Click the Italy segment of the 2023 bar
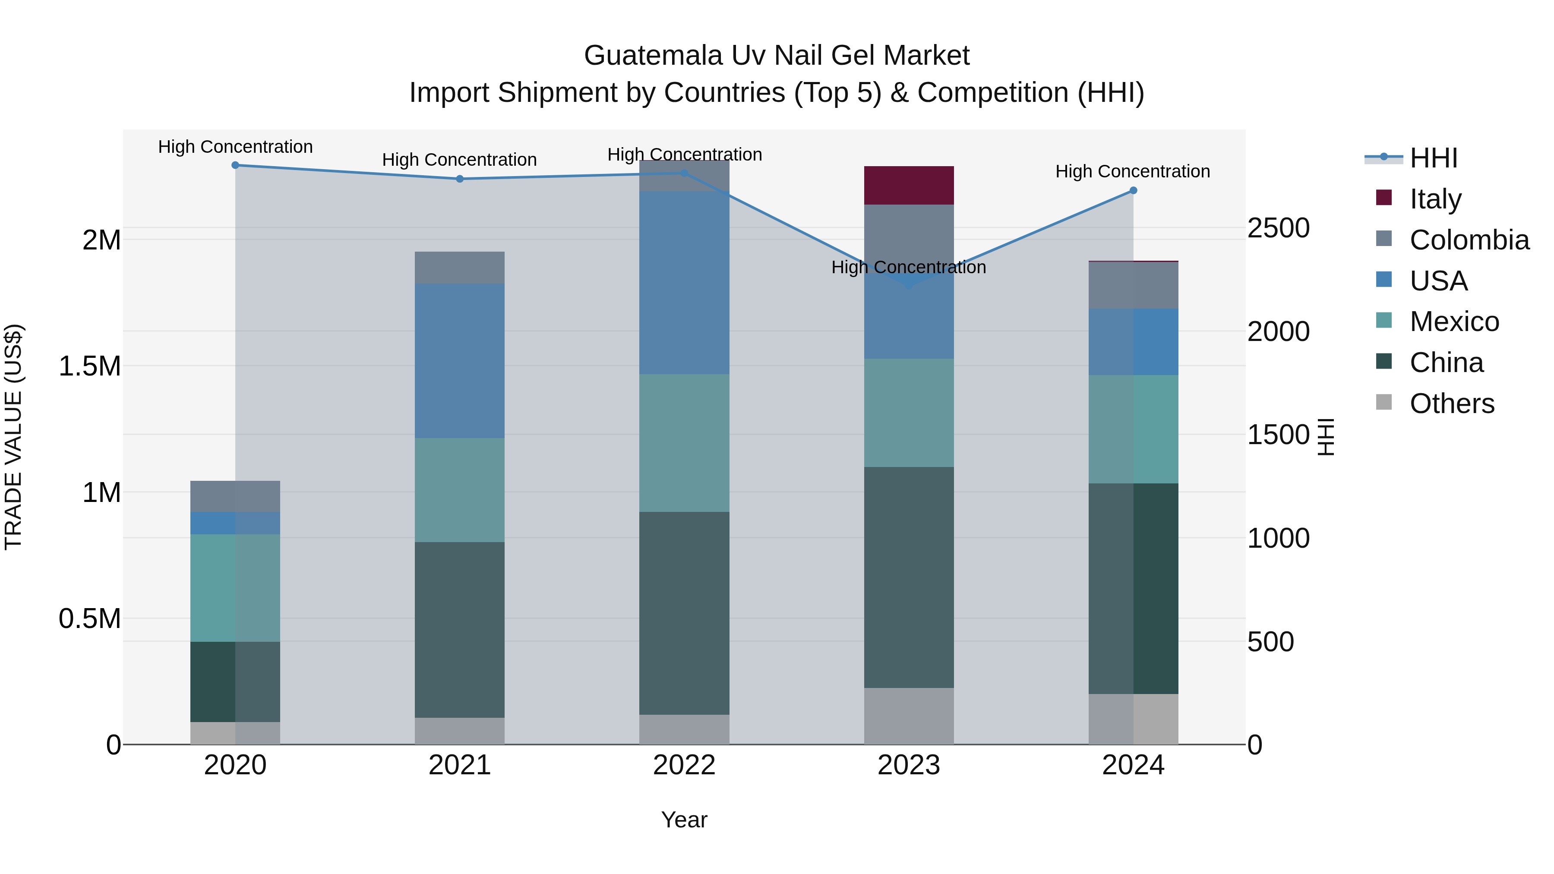[909, 185]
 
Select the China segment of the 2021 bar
[460, 629]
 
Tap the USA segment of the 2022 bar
[684, 282]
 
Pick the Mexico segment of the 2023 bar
[909, 413]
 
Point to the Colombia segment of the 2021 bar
[460, 267]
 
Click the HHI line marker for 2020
[235, 165]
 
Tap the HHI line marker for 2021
[460, 179]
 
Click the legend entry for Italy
[1435, 199]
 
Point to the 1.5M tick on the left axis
[90, 366]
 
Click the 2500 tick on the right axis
[1278, 229]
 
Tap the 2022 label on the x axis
[684, 765]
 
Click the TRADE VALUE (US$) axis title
[14, 437]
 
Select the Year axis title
[684, 820]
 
